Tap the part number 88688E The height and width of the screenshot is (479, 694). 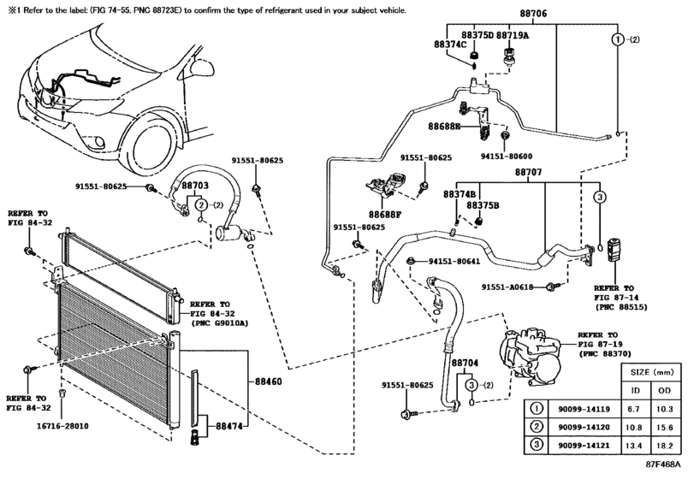coord(445,126)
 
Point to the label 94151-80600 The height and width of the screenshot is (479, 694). coord(505,157)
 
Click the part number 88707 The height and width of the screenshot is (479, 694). coord(528,172)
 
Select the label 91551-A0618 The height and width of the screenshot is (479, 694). coord(507,287)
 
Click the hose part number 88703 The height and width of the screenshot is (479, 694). coord(193,185)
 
